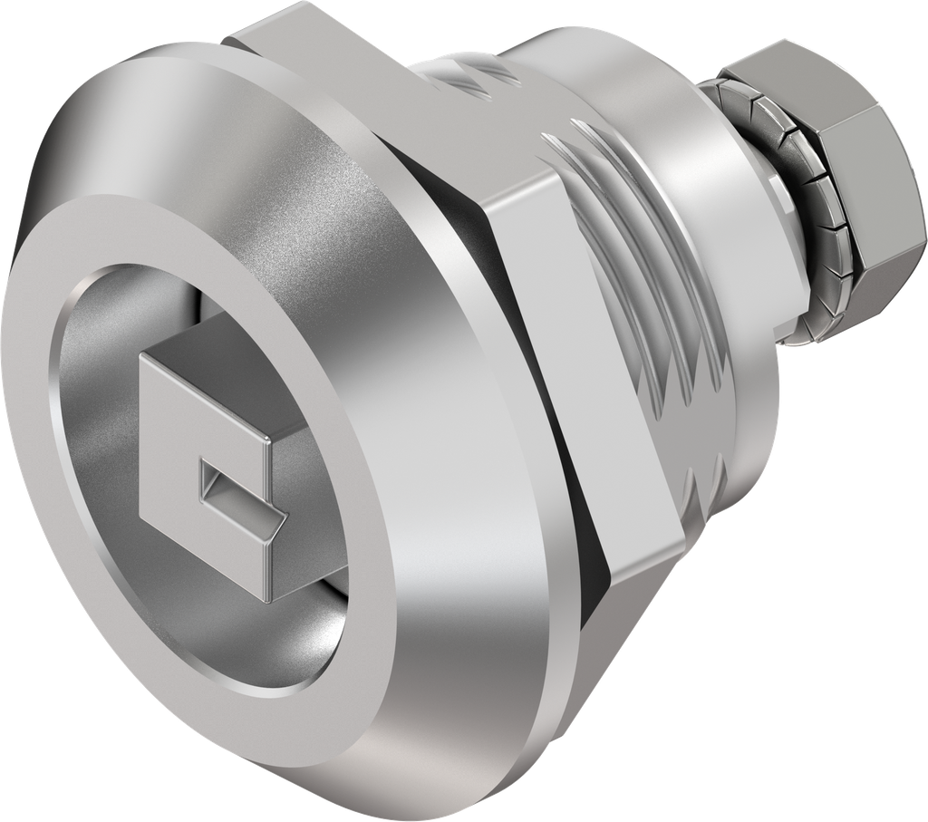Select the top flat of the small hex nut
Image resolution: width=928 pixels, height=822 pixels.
(x=797, y=73)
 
